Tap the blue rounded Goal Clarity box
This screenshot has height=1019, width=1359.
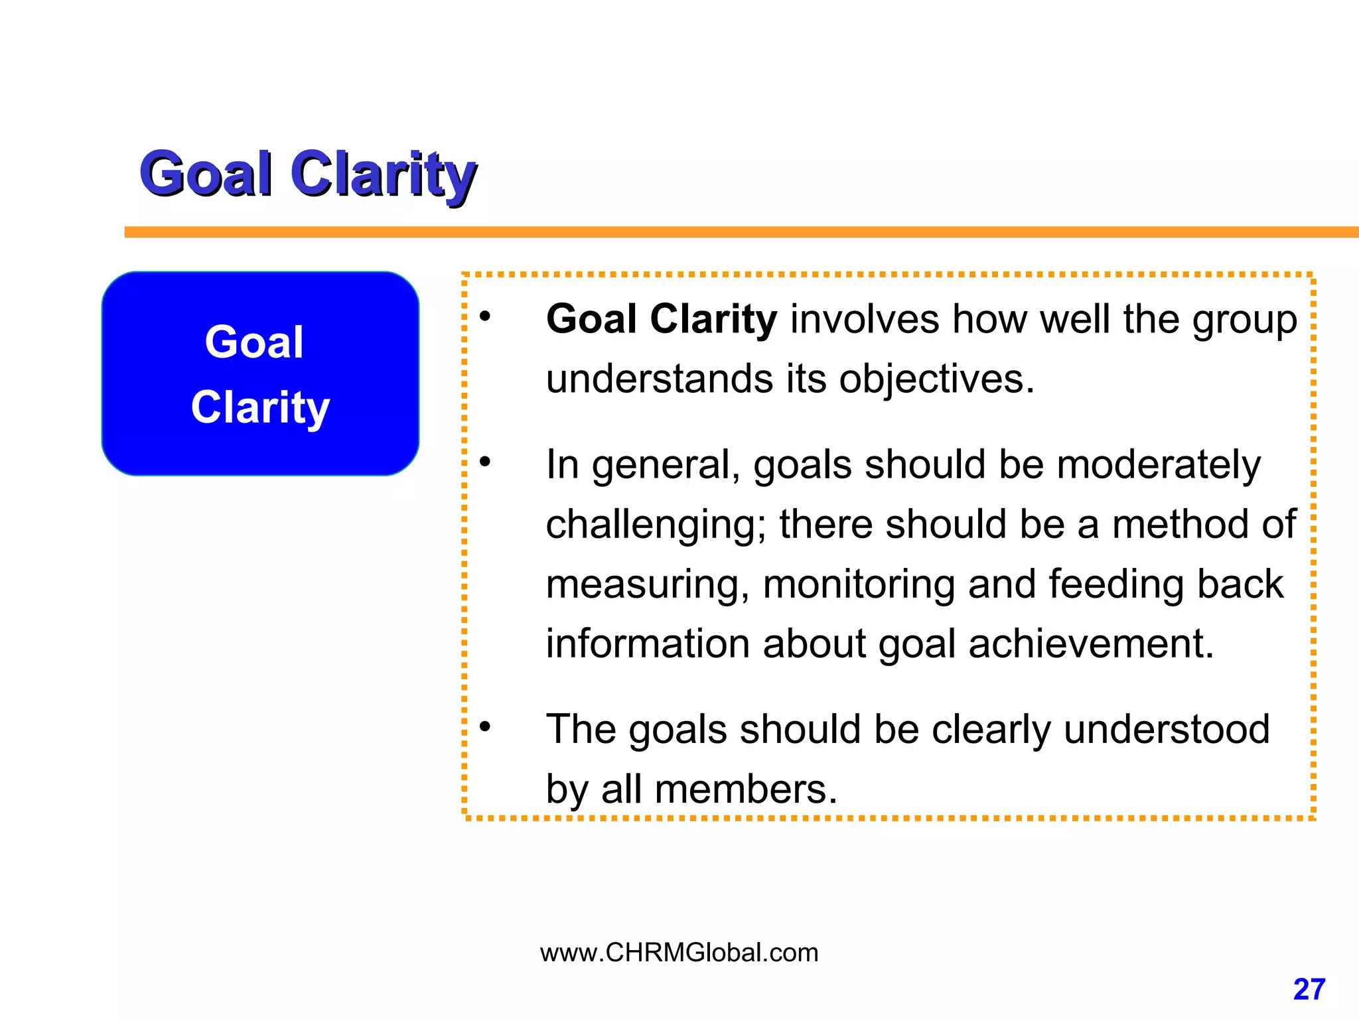pos(260,374)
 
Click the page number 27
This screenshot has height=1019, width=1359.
pos(1309,990)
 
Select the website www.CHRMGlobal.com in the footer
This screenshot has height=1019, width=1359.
pos(679,953)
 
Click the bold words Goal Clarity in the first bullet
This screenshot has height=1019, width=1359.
pos(661,320)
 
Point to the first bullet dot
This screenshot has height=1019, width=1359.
pos(486,317)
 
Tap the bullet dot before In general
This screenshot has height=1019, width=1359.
pos(486,462)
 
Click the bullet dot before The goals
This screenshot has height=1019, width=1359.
pos(486,727)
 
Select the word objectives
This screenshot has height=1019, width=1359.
pos(936,380)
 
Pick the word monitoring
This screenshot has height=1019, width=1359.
pos(859,584)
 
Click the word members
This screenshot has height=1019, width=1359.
pos(746,790)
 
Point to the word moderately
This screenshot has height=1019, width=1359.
pos(1159,465)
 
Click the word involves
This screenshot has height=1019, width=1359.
pos(864,320)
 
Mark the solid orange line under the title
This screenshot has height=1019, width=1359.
pos(730,232)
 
